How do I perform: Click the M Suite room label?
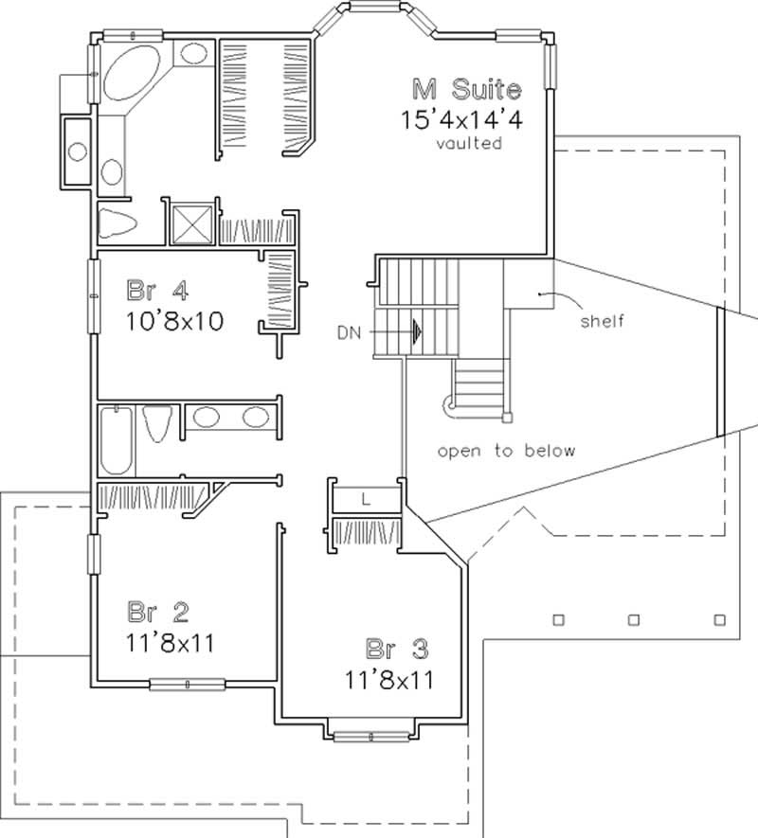466,91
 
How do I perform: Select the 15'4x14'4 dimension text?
462,120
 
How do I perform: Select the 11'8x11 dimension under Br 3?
389,679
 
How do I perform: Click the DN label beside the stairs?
347,333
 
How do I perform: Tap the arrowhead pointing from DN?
415,333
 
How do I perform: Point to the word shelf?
603,321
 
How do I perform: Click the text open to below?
506,451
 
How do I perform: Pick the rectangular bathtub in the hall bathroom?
117,438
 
